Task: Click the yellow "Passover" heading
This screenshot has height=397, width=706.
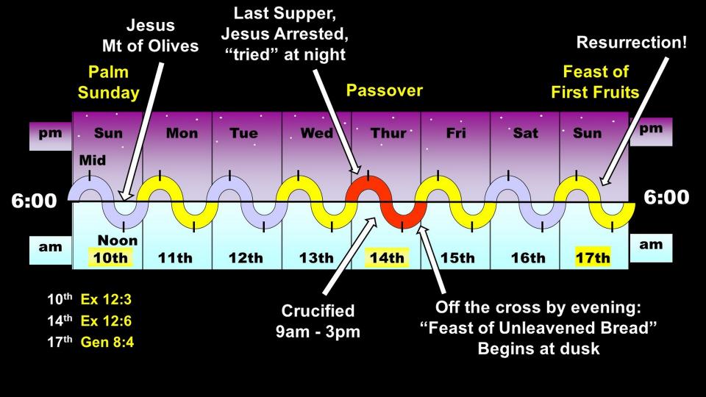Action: pos(385,90)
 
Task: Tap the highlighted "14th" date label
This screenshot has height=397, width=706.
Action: pos(387,258)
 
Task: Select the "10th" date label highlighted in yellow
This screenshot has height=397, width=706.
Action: pos(110,258)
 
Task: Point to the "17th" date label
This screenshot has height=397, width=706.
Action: pos(593,258)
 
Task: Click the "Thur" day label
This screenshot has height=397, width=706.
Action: pos(388,133)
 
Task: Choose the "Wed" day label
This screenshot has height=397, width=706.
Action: pos(317,133)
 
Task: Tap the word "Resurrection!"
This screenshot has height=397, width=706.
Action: pos(632,43)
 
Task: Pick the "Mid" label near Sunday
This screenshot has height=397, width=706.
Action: pos(93,160)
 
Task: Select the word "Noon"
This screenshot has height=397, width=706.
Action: pos(118,240)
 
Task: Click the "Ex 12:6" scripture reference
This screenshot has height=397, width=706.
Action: pos(106,321)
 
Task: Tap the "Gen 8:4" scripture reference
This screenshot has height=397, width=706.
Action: pos(107,342)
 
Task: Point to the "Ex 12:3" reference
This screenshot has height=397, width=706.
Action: pos(106,299)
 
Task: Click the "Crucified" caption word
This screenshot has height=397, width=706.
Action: pos(318,310)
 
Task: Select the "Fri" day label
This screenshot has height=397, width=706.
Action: pos(456,133)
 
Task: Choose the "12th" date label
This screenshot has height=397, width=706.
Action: pos(246,258)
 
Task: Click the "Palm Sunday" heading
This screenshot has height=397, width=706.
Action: pos(109,82)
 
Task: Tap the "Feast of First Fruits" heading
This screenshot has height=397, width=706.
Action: pos(595,82)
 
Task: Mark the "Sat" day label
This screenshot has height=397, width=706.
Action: pos(525,133)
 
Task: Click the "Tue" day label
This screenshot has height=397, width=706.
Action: pos(243,133)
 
